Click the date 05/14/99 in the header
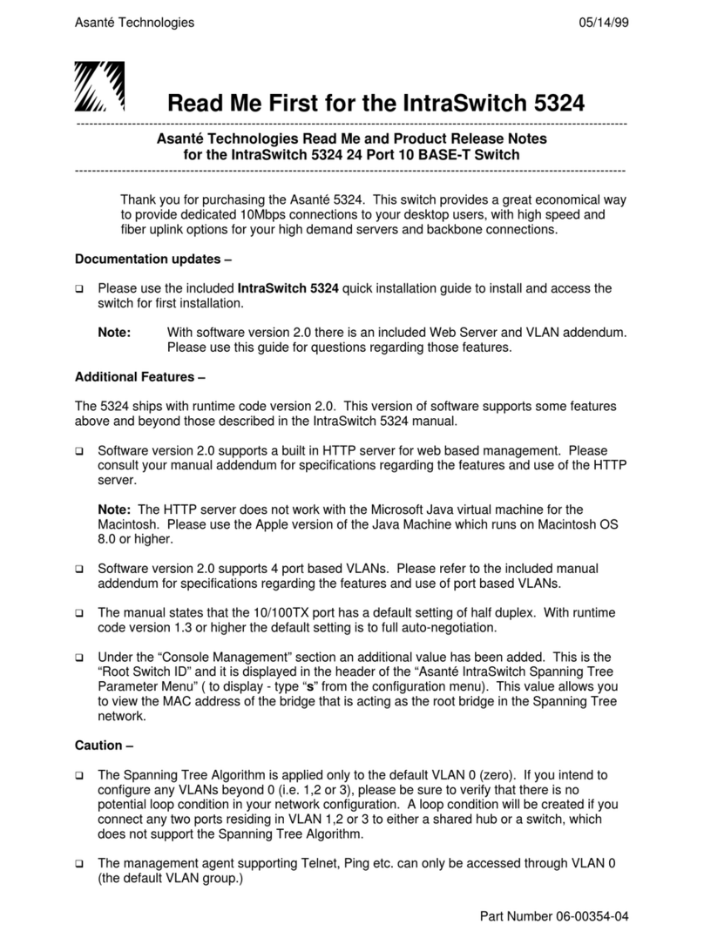604,23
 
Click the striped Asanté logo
99,87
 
